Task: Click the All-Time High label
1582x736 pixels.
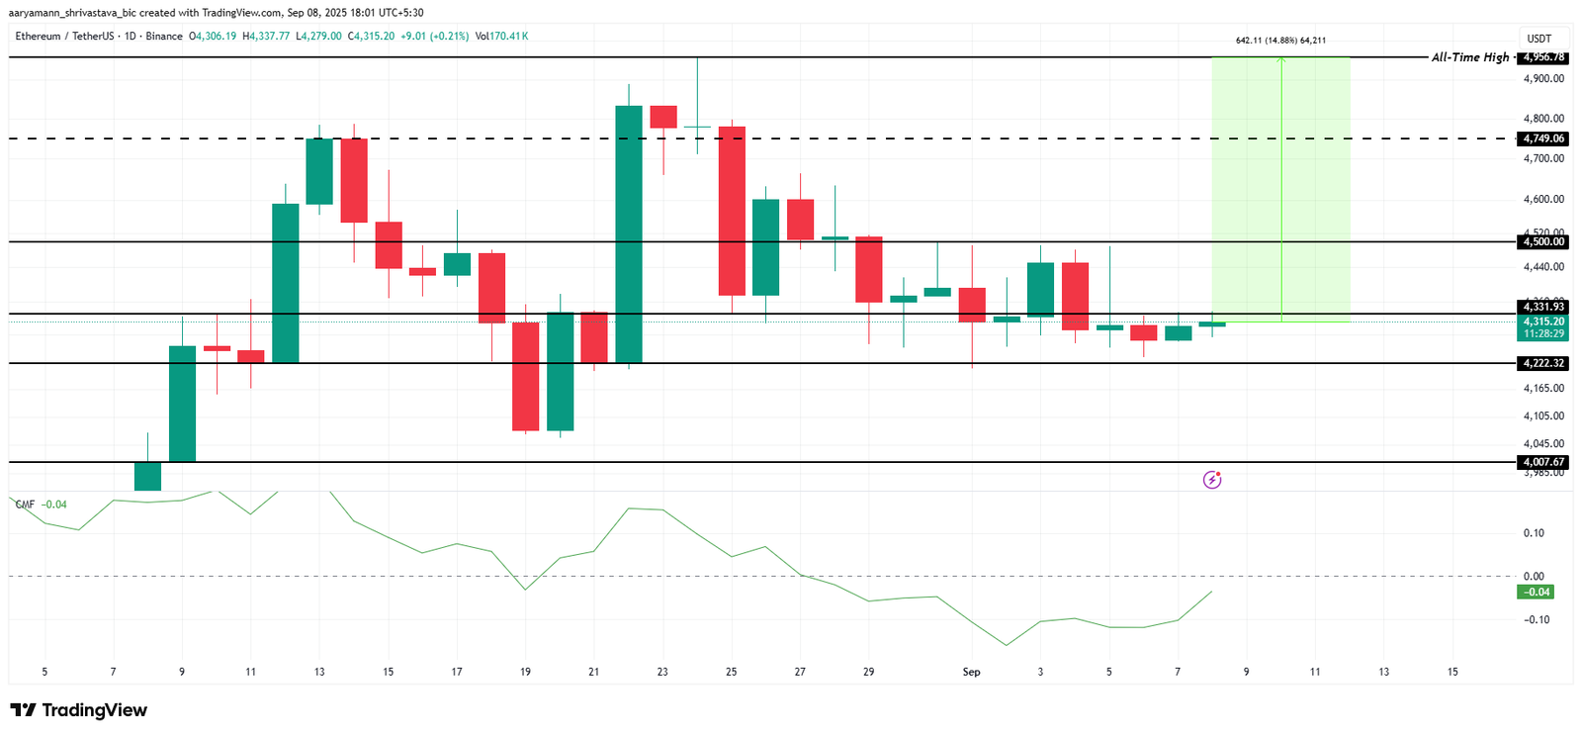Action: [1470, 57]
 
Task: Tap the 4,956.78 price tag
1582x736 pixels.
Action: [1543, 57]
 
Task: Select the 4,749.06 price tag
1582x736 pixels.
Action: [1543, 138]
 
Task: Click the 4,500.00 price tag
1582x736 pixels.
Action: [1543, 241]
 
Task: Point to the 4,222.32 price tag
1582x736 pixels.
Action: [1543, 363]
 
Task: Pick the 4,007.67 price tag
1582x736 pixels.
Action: [1543, 462]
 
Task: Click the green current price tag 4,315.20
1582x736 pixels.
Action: [1543, 322]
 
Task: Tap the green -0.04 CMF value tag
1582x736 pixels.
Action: [1537, 592]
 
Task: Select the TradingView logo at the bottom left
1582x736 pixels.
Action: [79, 710]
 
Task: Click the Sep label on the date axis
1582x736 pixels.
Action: [971, 672]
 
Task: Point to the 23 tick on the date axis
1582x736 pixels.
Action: [662, 672]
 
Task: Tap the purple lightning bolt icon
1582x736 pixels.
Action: [1212, 480]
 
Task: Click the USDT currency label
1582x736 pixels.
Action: [1539, 39]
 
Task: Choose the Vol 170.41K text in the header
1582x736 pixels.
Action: [501, 36]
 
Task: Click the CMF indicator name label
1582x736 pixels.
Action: [25, 505]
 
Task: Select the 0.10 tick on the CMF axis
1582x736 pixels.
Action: [1534, 533]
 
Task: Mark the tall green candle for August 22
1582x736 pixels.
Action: [629, 233]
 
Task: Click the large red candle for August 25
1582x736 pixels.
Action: [732, 211]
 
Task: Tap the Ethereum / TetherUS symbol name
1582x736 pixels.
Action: [65, 36]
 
